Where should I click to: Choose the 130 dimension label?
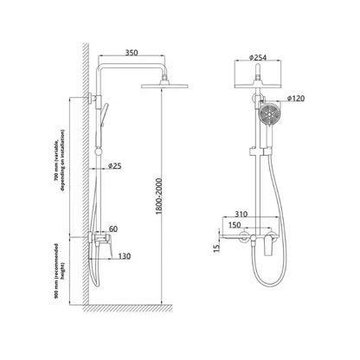pyautogui.click(x=123, y=257)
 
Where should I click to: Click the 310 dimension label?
pyautogui.click(x=243, y=214)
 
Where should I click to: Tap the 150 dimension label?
pyautogui.click(x=235, y=227)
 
